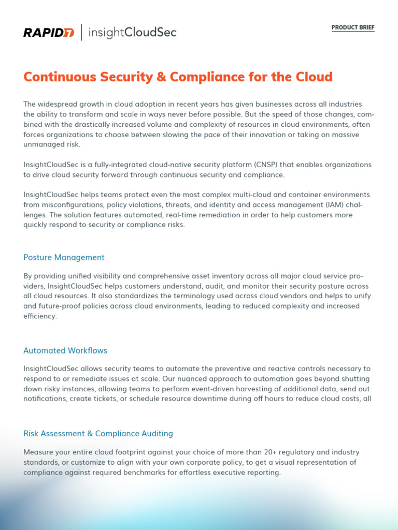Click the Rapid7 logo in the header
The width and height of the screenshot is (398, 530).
(x=49, y=33)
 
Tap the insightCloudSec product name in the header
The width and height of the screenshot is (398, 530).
(x=132, y=33)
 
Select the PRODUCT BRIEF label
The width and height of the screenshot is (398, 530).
(x=352, y=27)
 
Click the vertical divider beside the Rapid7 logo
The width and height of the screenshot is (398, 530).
(x=81, y=33)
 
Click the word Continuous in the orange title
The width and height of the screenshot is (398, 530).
(x=56, y=77)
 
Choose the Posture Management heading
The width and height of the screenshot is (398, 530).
(x=64, y=257)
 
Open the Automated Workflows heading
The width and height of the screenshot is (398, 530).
(x=65, y=350)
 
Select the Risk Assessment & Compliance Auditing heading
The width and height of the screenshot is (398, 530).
(x=98, y=433)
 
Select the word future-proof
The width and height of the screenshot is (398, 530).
(x=61, y=306)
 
